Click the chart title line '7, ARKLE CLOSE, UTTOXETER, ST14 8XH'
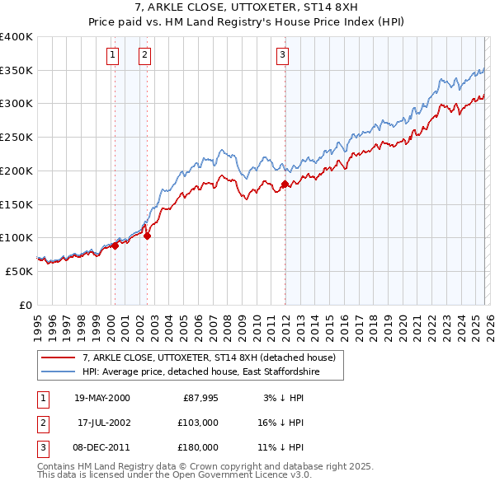point(247,7)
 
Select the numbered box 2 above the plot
point(144,55)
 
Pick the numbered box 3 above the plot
point(282,55)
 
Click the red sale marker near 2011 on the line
point(285,185)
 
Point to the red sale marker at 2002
point(148,236)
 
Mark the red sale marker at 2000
point(115,245)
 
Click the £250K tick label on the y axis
point(16,138)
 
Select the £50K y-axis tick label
point(19,271)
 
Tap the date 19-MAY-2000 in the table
point(102,398)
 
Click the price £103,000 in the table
point(199,422)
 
